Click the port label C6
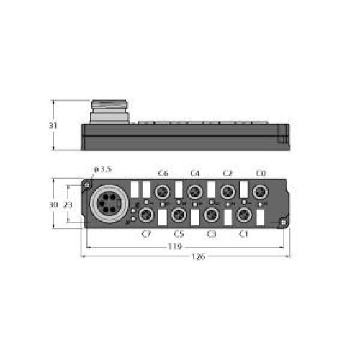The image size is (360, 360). pos(163,174)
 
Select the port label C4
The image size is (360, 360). pos(195,174)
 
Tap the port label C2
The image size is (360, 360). pos(228,174)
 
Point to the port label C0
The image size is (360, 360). pos(261,174)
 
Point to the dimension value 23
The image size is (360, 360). pos(68,204)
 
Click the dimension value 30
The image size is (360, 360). pos(53,204)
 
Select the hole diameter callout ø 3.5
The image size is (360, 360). pos(104,169)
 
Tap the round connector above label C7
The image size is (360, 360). pos(145,215)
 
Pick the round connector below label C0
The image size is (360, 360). pos(260,192)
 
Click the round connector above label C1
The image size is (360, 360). pos(244,215)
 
